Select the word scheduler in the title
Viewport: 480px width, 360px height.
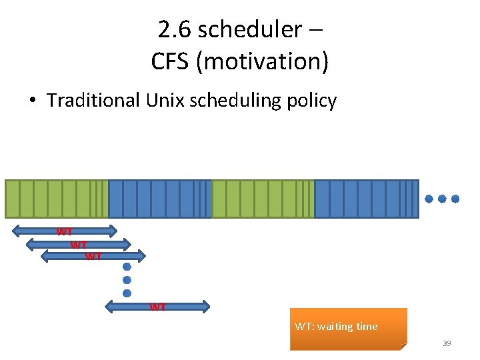coord(250,29)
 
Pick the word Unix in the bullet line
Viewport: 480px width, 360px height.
coord(164,101)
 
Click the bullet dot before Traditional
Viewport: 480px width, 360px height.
coord(31,101)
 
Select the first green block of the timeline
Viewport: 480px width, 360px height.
coord(57,199)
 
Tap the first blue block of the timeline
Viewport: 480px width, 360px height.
coord(160,199)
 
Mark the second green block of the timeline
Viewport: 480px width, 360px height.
coord(263,199)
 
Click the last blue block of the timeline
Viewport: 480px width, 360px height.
coord(366,199)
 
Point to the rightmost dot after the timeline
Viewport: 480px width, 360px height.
coord(456,199)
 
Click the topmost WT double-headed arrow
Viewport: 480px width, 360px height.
coord(65,231)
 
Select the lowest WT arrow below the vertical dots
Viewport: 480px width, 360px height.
coord(158,307)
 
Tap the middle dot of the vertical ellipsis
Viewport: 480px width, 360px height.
coord(127,280)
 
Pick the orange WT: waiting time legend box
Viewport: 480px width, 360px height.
coord(348,329)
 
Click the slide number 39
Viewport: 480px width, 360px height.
coord(447,343)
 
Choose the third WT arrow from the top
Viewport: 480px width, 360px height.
coord(93,256)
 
